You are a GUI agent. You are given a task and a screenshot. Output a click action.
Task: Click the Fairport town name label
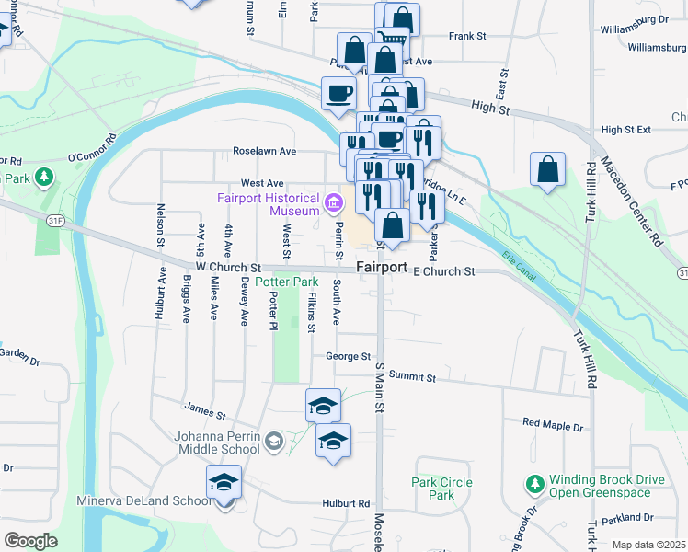point(382,267)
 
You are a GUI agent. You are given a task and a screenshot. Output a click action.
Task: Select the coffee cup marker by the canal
point(338,92)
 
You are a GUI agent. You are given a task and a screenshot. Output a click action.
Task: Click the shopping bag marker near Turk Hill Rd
point(547,169)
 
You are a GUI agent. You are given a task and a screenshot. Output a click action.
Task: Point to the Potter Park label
point(281,281)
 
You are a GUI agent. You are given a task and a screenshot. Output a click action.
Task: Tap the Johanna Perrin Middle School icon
point(273,443)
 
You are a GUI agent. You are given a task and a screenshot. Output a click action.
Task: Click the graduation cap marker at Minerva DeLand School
point(224,482)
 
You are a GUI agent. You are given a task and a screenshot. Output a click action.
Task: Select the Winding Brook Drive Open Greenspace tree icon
point(534,483)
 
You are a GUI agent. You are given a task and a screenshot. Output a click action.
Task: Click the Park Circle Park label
point(441,489)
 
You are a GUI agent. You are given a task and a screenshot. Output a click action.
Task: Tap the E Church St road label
point(443,271)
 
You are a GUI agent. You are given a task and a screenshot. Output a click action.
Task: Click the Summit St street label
point(411,376)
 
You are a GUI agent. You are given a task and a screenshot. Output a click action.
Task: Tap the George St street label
point(348,356)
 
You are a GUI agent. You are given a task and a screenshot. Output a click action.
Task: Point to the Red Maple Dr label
point(553,426)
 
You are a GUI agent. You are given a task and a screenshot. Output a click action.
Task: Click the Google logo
point(30,541)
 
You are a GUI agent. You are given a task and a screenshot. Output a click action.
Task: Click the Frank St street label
point(466,36)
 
